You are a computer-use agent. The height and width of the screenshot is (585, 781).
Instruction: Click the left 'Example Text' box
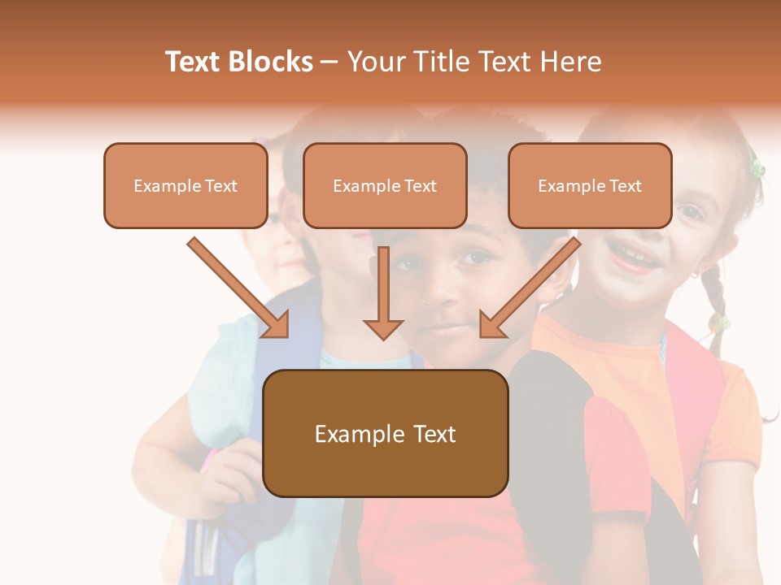[x=185, y=186]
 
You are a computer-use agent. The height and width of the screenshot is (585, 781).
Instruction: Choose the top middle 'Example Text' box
[x=385, y=186]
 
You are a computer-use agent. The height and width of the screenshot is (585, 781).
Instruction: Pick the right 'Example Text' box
[x=590, y=186]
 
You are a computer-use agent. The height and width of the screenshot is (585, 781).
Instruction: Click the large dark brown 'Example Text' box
[x=385, y=434]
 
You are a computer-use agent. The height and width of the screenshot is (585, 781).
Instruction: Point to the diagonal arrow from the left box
[x=238, y=288]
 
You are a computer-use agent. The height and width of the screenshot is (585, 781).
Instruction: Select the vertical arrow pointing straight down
[x=383, y=293]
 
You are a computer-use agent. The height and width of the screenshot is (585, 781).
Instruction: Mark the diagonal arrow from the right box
[x=530, y=288]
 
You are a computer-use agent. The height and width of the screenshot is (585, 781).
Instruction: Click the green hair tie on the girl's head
[x=757, y=168]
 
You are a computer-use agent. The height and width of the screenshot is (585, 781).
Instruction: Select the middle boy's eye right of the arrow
[x=475, y=258]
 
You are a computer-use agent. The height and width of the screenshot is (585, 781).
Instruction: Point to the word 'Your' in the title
[x=373, y=62]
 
